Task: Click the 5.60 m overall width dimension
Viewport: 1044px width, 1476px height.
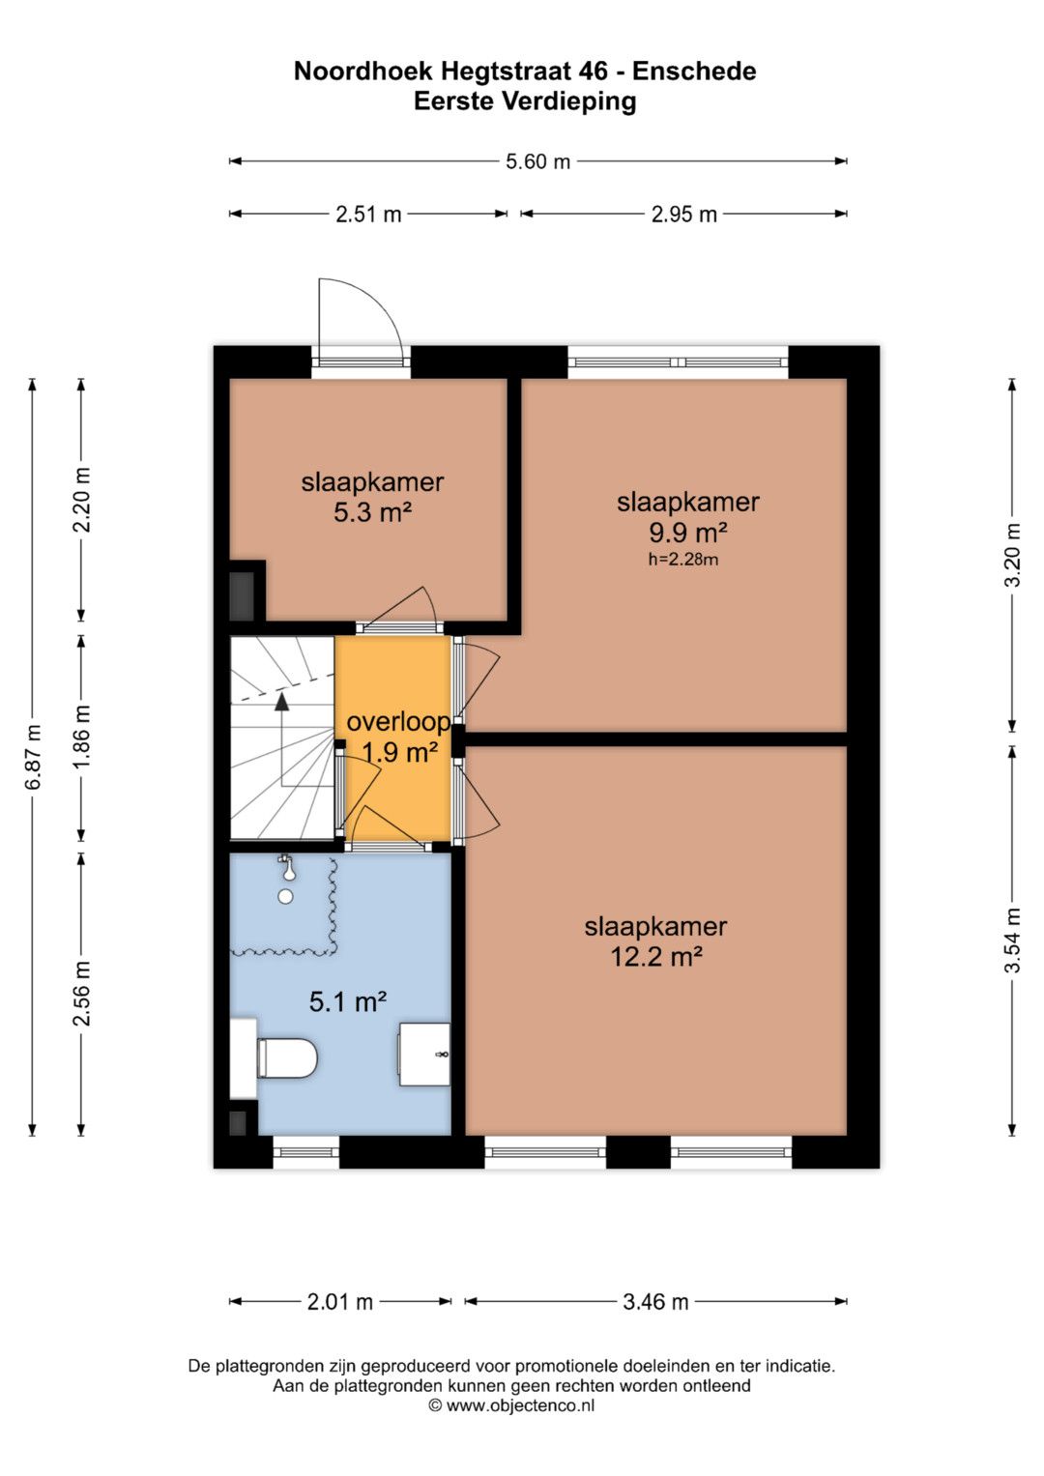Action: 537,161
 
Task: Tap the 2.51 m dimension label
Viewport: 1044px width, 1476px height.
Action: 368,215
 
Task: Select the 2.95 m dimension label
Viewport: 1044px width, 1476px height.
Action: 684,215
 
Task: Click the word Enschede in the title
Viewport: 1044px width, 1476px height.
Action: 695,72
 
